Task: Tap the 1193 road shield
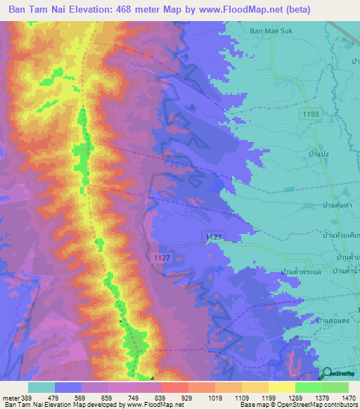pos(311,113)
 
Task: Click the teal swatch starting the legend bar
pos(41,387)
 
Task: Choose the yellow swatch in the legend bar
pos(281,387)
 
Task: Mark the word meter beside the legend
pos(10,397)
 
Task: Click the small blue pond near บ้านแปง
pos(289,189)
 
